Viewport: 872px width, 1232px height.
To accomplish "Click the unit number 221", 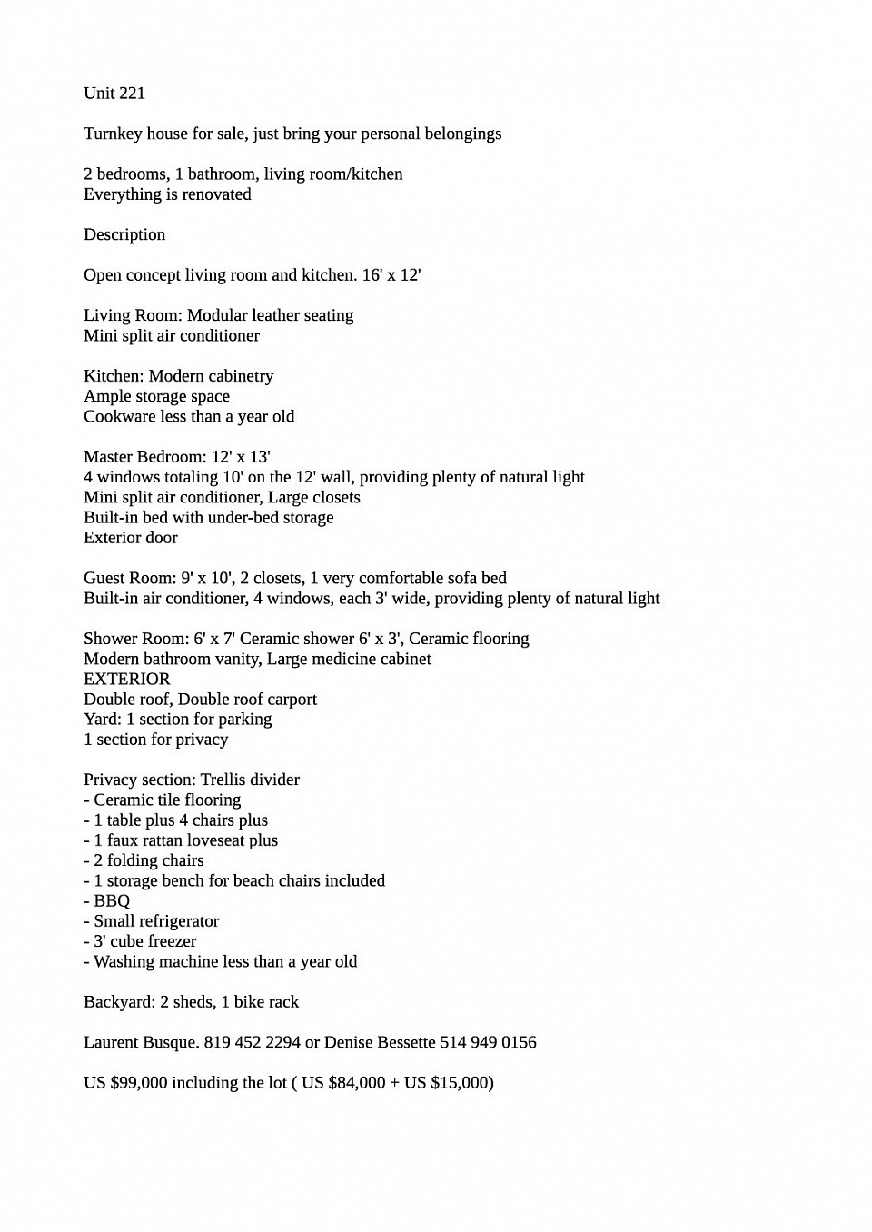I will tap(132, 94).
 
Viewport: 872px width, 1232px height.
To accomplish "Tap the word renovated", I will tap(217, 194).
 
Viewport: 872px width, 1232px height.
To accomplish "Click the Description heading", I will tap(124, 234).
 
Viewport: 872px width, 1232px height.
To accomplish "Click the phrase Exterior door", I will tap(131, 538).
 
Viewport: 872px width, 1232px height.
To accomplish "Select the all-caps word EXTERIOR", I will tap(127, 679).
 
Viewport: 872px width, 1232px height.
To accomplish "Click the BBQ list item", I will tap(112, 901).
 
